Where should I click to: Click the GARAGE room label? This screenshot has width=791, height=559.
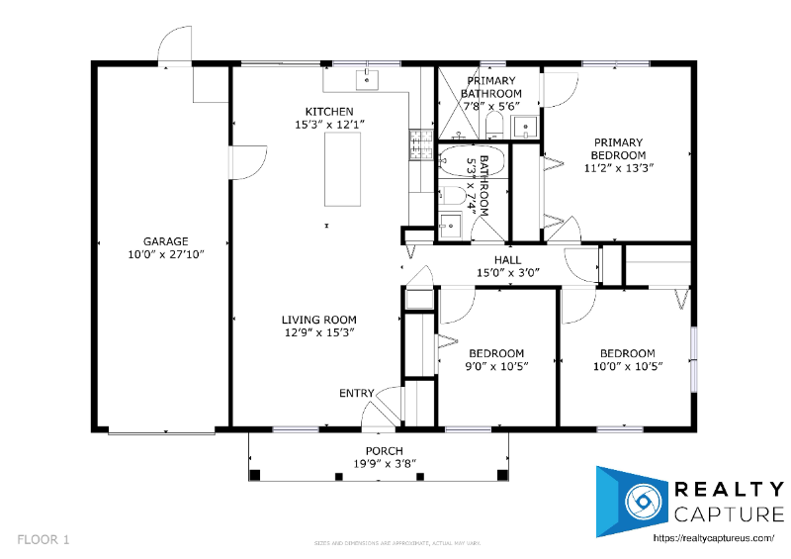coord(165,240)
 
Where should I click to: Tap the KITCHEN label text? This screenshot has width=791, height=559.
coord(329,111)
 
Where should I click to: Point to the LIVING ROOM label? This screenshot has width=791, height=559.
coord(318,320)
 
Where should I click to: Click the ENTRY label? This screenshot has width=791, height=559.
coord(357,393)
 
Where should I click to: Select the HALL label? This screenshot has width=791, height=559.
coord(507,260)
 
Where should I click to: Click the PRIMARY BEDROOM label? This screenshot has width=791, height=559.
coord(618,148)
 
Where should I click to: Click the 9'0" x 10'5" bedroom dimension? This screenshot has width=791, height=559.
coord(497,366)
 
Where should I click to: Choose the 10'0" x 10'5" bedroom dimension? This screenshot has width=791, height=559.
coord(627,366)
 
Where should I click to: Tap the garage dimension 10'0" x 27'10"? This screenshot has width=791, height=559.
coord(165,253)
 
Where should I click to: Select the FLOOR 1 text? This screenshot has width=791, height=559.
coord(44,540)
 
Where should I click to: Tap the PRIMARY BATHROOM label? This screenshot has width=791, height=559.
coord(490,87)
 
